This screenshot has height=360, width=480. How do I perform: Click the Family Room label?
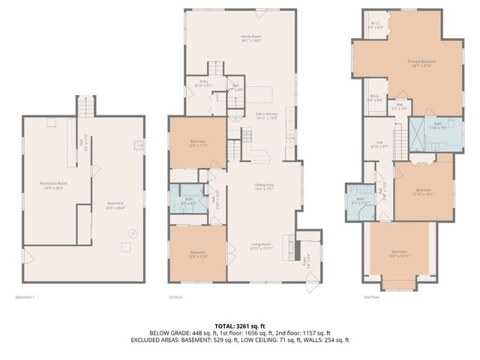(x=250, y=38)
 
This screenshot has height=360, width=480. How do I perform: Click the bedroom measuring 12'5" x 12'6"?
(x=197, y=254)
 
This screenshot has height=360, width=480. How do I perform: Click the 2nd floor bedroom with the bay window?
(x=399, y=253)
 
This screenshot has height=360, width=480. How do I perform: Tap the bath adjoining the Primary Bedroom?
(x=438, y=125)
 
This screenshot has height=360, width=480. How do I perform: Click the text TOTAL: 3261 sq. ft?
(x=240, y=325)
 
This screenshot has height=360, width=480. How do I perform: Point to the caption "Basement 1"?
(x=25, y=297)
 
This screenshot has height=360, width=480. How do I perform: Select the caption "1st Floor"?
(x=175, y=297)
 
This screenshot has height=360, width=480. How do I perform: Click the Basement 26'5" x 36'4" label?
(x=115, y=205)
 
